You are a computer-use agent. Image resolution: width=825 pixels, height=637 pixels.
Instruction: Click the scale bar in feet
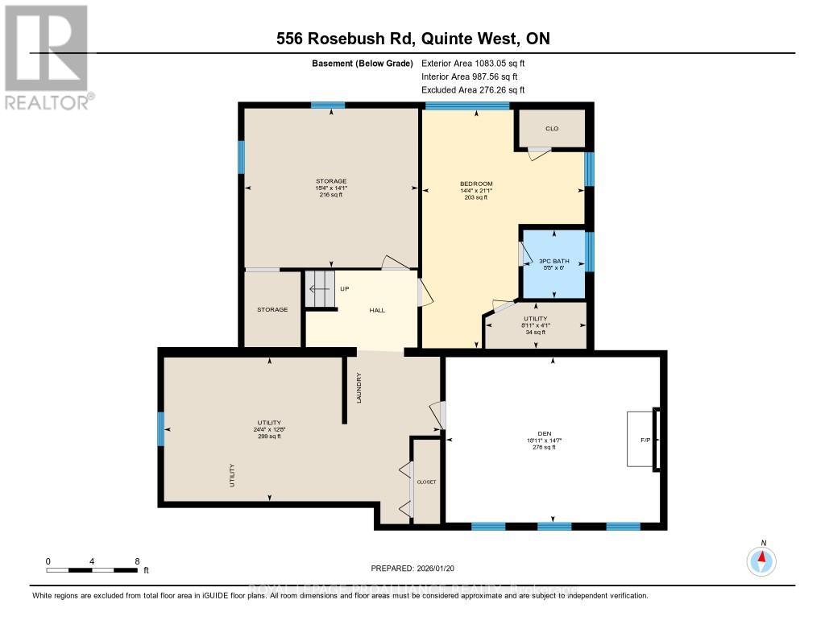tap(92, 570)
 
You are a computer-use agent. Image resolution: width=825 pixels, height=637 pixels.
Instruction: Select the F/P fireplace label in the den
tap(645, 440)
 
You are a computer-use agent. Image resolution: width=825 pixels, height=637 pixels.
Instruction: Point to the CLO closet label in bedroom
tap(552, 129)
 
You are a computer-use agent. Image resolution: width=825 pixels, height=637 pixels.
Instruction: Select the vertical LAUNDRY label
tap(359, 389)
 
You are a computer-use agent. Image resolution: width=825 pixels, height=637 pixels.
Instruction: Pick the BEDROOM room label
tap(476, 184)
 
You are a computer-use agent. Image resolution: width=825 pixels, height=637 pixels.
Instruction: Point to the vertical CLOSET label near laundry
tap(426, 482)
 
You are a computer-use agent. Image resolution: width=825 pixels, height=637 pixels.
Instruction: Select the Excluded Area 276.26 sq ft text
tap(473, 90)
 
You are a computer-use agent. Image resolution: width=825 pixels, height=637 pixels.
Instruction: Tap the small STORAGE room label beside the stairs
tap(272, 309)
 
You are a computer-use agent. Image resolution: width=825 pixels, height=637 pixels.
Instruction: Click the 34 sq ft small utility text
tap(536, 332)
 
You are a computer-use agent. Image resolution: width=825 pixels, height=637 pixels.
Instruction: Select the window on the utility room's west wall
tap(161, 428)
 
